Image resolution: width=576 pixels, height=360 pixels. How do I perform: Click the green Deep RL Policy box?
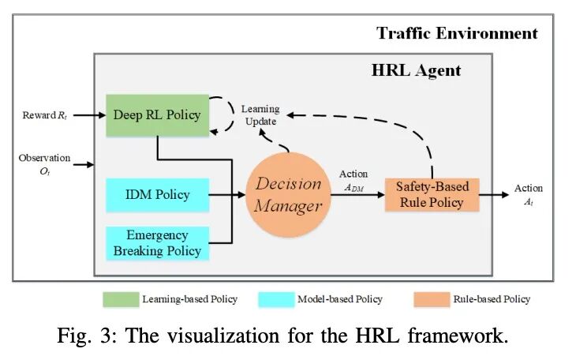(157, 115)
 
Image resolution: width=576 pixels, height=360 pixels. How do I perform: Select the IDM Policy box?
(157, 195)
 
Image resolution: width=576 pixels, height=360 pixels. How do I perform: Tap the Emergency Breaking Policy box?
(157, 243)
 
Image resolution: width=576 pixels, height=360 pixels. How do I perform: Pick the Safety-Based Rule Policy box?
(432, 194)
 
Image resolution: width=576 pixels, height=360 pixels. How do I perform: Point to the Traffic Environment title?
(457, 33)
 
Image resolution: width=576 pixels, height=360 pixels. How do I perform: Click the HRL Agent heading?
(416, 70)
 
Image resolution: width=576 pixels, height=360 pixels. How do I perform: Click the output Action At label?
(528, 194)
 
